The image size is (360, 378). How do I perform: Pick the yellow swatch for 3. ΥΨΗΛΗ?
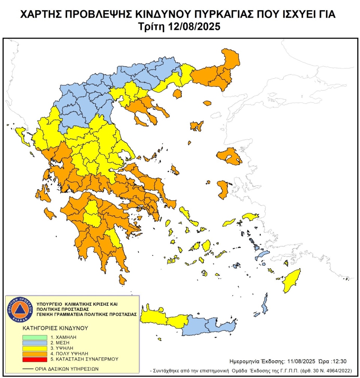click(x=34, y=348)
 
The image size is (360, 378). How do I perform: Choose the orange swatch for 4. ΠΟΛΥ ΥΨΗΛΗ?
click(x=34, y=353)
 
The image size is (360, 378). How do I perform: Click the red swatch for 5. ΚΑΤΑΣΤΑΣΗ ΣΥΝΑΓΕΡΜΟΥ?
click(x=34, y=359)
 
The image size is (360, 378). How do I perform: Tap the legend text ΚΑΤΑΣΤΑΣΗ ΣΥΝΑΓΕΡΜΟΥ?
click(x=87, y=359)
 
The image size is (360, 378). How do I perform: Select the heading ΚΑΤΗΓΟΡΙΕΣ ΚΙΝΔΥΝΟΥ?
click(x=55, y=327)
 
